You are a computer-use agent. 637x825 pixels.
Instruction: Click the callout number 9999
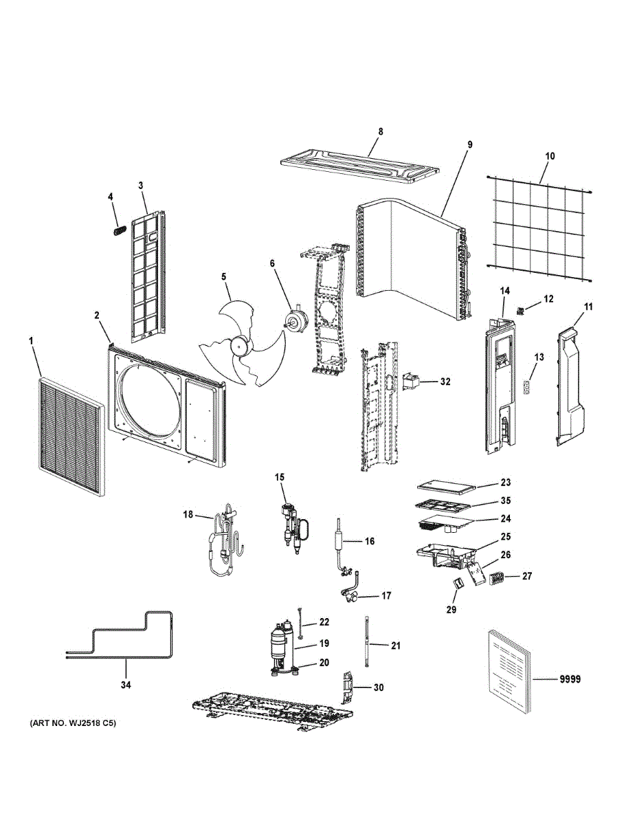(x=570, y=679)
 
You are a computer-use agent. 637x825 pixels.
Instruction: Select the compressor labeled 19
(x=281, y=647)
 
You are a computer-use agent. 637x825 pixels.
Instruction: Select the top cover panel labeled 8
(x=359, y=166)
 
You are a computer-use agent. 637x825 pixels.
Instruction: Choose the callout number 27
(x=527, y=576)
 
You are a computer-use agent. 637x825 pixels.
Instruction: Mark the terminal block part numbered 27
(x=496, y=579)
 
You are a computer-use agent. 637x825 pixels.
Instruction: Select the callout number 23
(x=506, y=483)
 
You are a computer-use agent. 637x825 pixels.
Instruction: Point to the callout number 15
(x=280, y=477)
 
